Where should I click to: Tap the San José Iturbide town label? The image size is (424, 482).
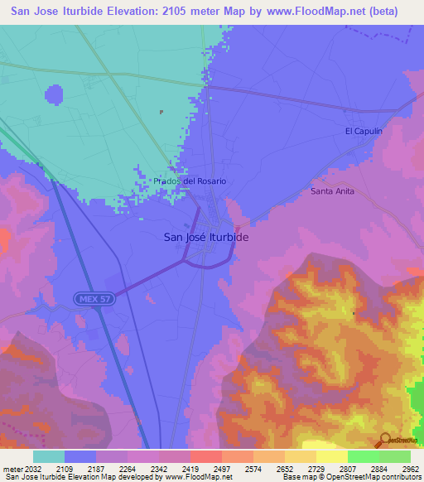(x=206, y=236)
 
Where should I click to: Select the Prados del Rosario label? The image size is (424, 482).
(x=190, y=181)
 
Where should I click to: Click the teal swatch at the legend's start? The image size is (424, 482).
(x=49, y=456)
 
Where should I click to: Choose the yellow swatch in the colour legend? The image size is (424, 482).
(x=331, y=456)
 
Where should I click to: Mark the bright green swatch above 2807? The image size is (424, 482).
(x=363, y=456)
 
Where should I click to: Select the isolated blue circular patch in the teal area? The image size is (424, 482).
(x=54, y=96)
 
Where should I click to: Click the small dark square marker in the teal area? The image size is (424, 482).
(x=161, y=112)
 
